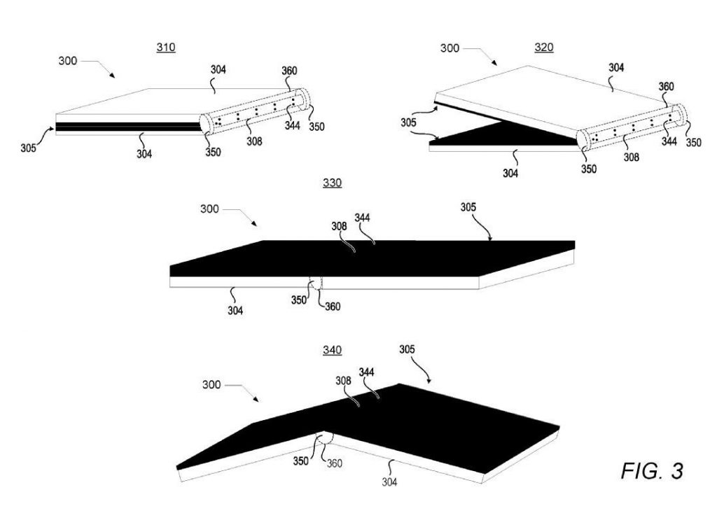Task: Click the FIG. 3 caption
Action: coord(652,470)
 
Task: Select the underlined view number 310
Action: coord(166,48)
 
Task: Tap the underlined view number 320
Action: coord(544,48)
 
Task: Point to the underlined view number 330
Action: coord(333,183)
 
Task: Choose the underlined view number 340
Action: coord(333,350)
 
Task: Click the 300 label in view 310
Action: coord(68,61)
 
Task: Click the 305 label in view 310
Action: coord(28,148)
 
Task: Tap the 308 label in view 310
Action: coord(254,141)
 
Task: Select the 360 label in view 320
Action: coord(667,86)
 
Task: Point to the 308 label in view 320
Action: coord(632,157)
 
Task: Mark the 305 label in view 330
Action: coord(468,207)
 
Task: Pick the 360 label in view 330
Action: coord(333,307)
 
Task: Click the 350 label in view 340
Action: coord(301,461)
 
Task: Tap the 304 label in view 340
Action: coord(389,482)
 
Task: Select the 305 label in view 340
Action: coord(407,350)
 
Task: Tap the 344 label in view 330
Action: coord(362,218)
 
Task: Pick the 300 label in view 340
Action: coord(211,385)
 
